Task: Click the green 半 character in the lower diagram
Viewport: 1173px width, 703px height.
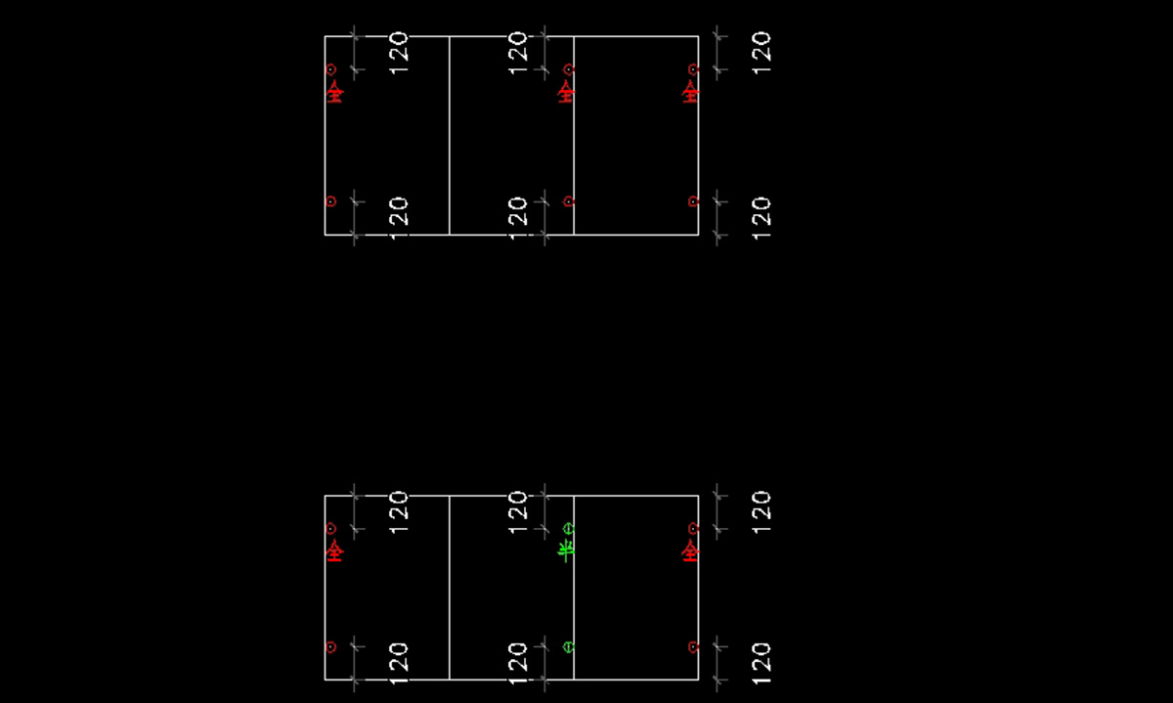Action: coord(565,551)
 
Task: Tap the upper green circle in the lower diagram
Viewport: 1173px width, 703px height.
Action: coord(569,529)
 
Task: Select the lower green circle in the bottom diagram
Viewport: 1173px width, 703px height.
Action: coord(569,647)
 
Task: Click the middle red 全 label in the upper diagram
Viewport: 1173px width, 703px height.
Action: coord(566,92)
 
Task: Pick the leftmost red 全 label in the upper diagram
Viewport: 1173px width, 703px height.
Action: coord(334,92)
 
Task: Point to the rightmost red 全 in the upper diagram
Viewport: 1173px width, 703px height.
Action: coord(690,92)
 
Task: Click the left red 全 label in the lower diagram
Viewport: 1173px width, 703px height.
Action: coord(334,551)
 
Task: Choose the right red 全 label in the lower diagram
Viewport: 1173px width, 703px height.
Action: coord(690,551)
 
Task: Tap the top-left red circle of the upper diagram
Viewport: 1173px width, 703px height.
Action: coord(330,69)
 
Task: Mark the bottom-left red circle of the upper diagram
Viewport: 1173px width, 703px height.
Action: coord(330,201)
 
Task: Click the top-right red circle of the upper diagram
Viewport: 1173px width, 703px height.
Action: coord(693,69)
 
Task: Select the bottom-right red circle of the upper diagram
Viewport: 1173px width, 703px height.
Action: coord(693,201)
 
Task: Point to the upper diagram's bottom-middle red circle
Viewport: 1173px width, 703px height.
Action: coord(569,201)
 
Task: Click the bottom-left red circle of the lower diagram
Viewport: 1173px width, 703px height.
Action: coord(330,647)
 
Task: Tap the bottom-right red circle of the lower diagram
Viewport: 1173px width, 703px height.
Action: coord(693,647)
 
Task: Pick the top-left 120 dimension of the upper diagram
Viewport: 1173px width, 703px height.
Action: coord(399,49)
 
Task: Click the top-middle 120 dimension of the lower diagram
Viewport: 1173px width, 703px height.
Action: coord(518,510)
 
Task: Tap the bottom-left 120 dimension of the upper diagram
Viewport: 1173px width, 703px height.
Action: coord(399,213)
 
